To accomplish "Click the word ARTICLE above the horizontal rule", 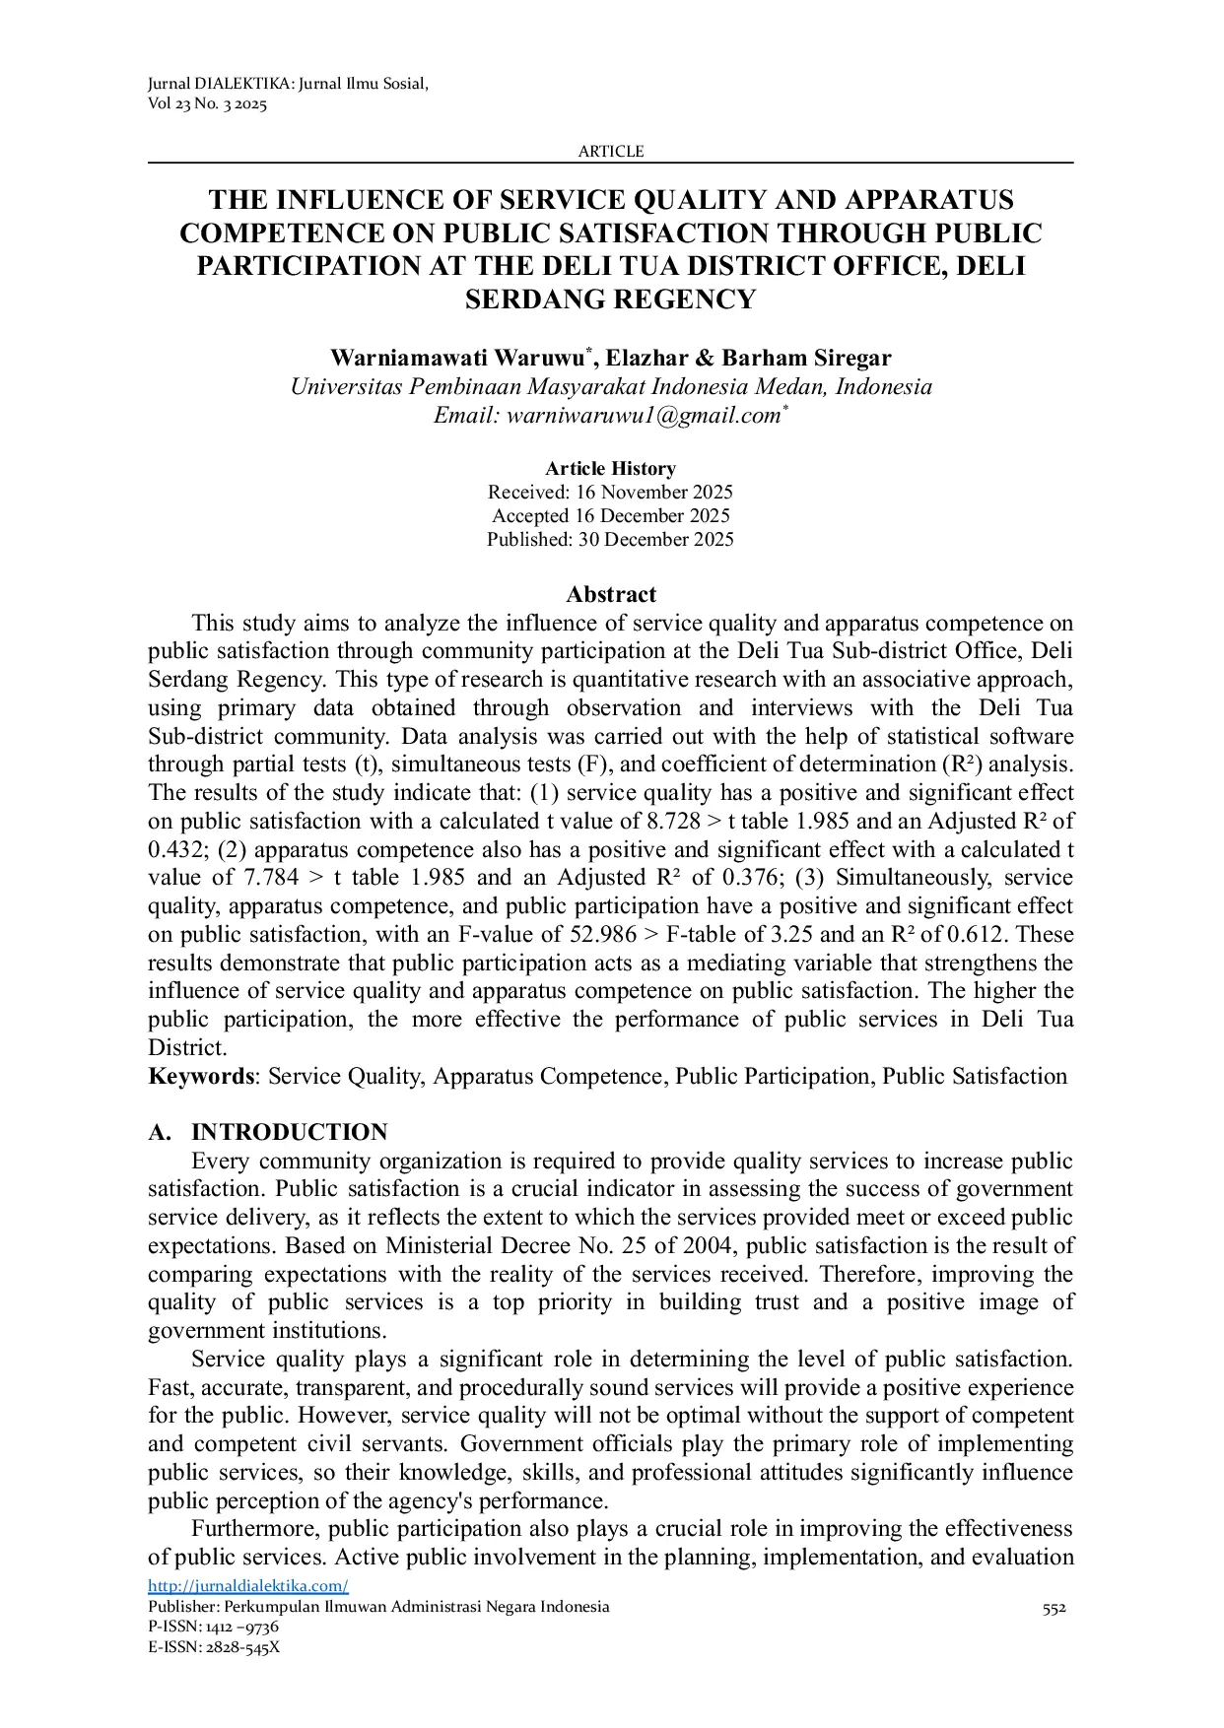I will pyautogui.click(x=610, y=151).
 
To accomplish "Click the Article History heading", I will pyautogui.click(x=610, y=469).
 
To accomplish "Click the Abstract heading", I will pyautogui.click(x=610, y=595).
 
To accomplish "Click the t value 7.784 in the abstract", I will pyautogui.click(x=270, y=878).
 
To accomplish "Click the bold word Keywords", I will pyautogui.click(x=201, y=1077).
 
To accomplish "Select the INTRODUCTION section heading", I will pyautogui.click(x=289, y=1133).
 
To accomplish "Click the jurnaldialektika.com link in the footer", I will pyautogui.click(x=248, y=1586).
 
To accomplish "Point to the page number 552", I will pyautogui.click(x=1054, y=1609).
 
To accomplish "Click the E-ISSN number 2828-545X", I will pyautogui.click(x=242, y=1647).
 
